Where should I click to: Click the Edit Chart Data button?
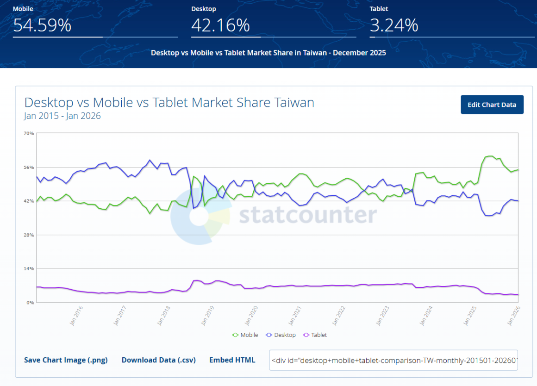[492, 105]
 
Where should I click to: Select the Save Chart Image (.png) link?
[66, 360]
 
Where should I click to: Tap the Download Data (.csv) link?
[158, 360]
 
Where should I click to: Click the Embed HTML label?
[232, 360]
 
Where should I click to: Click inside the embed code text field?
[393, 360]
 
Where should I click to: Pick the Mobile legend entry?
[245, 335]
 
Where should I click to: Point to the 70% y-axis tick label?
[29, 133]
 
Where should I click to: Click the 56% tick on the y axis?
[29, 167]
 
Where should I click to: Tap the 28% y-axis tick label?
[29, 235]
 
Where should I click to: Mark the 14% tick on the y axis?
[29, 268]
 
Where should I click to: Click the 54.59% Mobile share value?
[42, 25]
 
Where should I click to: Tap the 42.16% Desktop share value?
[220, 25]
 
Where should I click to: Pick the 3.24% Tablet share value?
[394, 25]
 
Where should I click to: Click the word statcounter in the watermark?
[308, 215]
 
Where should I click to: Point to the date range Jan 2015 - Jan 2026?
[62, 116]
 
